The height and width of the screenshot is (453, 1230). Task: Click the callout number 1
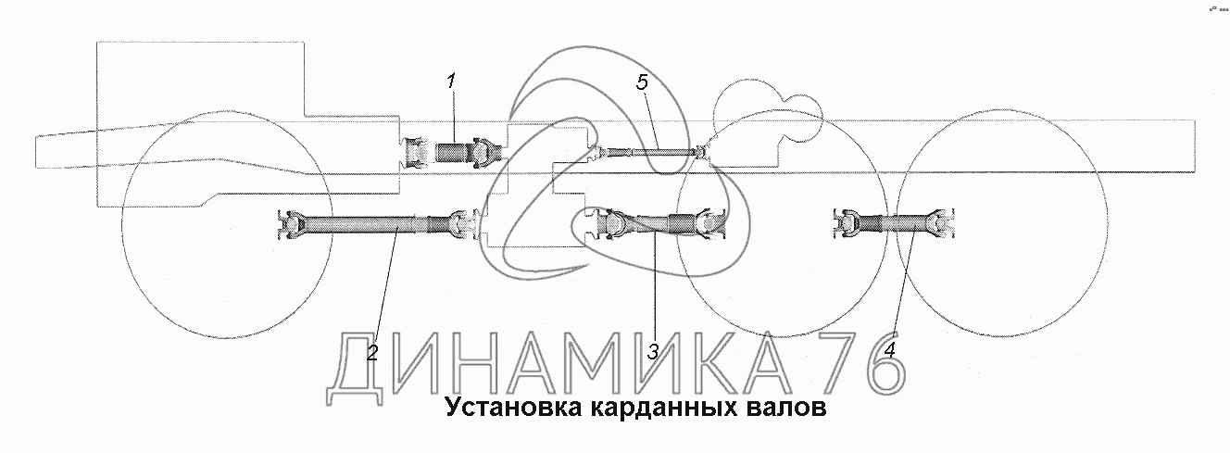pyautogui.click(x=451, y=82)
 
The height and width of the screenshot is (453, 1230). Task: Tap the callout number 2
pyautogui.click(x=371, y=352)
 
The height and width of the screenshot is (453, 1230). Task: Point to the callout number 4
pyautogui.click(x=890, y=350)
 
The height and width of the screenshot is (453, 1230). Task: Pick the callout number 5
pyautogui.click(x=643, y=82)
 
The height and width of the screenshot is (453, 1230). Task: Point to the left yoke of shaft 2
pyautogui.click(x=291, y=224)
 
